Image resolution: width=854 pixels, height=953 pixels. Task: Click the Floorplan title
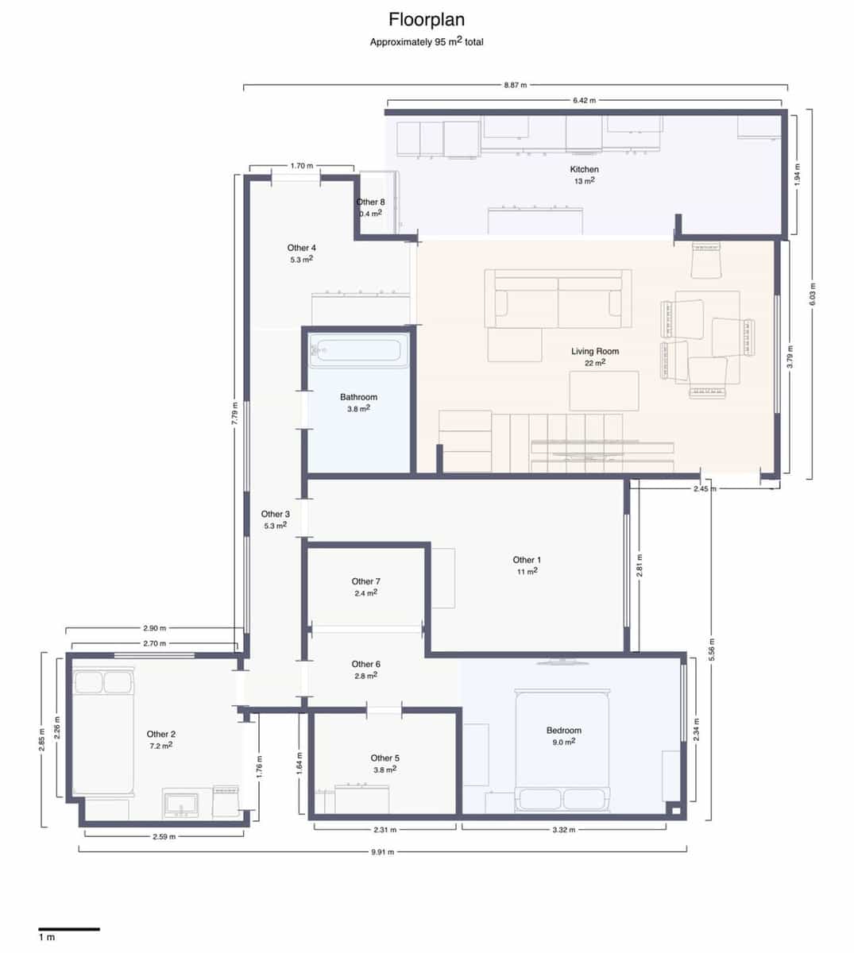tap(426, 19)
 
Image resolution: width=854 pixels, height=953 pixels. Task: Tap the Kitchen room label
tap(584, 169)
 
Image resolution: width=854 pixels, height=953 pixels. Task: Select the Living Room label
tap(594, 351)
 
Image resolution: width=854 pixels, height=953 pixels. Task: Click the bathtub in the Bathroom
tap(358, 350)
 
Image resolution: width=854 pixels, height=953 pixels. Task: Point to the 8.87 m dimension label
tap(515, 85)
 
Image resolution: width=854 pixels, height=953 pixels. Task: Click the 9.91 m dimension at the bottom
tap(382, 851)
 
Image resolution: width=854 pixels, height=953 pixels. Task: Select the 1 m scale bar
tap(69, 928)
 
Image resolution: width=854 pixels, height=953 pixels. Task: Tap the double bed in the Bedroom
tap(562, 750)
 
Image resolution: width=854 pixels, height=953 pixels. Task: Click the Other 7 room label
tap(365, 581)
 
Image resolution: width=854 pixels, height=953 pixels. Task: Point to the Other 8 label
tap(370, 202)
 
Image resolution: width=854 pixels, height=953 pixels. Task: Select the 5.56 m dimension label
tap(711, 650)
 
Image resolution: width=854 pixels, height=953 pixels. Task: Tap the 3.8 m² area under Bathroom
tap(358, 409)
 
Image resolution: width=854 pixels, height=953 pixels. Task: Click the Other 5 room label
tap(384, 758)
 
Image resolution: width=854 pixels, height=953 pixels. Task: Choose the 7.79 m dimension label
tap(234, 411)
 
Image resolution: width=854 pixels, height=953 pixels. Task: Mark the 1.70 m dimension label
tap(301, 166)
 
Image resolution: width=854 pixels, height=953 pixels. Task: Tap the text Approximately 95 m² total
tap(426, 42)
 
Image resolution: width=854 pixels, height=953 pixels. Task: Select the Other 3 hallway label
tap(275, 514)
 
